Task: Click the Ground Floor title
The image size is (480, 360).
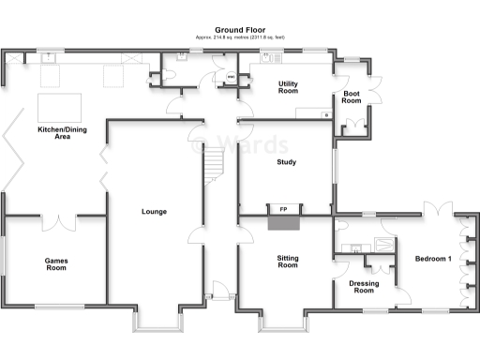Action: [x=239, y=30]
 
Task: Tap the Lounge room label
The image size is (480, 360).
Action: [x=154, y=212]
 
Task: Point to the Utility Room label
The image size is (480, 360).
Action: [x=287, y=88]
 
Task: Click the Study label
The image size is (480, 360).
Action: [x=286, y=162]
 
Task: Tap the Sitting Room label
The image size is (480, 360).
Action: [x=287, y=261]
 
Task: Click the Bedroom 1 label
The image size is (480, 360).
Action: [x=434, y=259]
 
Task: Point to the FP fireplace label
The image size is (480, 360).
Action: [x=282, y=208]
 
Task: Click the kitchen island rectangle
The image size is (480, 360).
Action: [x=58, y=104]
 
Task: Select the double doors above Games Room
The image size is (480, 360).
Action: [x=57, y=223]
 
